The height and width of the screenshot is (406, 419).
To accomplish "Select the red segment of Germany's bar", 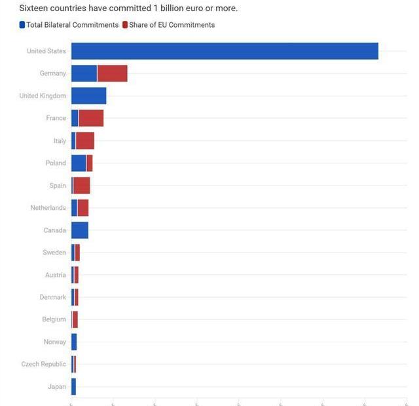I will (112, 73).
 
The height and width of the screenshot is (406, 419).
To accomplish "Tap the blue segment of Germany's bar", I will (84, 73).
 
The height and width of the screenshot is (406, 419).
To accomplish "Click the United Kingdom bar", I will (88, 96).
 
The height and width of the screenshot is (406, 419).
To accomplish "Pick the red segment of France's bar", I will (91, 118).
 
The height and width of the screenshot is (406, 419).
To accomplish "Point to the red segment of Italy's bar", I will (85, 141).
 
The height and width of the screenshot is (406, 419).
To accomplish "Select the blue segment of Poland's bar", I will (79, 163).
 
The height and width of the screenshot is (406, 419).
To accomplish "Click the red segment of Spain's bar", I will (82, 186).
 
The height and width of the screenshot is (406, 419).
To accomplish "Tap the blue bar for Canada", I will (79, 230).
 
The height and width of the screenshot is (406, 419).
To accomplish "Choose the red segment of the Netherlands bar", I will (83, 208).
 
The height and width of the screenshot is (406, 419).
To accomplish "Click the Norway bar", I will (74, 342).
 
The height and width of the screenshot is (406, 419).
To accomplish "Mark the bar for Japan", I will (73, 387).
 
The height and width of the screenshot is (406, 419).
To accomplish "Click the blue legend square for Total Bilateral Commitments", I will (22, 25).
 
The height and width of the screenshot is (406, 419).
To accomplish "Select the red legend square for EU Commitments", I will (124, 25).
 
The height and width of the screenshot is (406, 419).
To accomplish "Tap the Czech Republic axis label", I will (44, 364).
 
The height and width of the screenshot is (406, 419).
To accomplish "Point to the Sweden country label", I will (54, 253).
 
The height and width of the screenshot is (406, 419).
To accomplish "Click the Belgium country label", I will (54, 319).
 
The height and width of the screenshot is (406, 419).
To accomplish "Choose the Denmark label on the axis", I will (53, 297).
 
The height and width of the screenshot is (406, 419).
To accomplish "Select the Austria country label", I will (56, 275).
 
